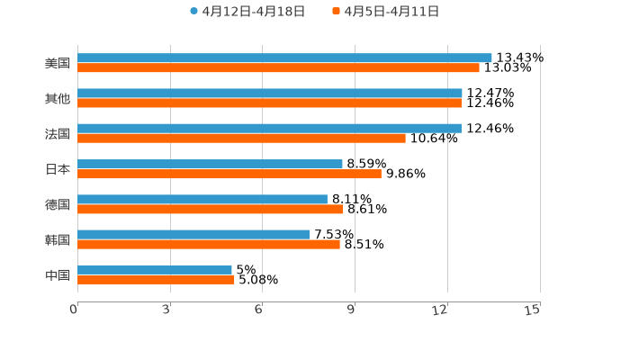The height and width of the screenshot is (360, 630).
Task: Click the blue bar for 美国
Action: tap(284, 58)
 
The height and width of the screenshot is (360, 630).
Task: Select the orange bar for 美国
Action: tap(278, 67)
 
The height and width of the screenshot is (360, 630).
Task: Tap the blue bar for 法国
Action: tap(269, 128)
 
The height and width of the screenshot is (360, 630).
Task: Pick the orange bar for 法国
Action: tap(241, 138)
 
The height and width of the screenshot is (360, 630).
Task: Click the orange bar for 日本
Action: tap(229, 174)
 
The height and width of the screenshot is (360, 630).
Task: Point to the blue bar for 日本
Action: tap(210, 164)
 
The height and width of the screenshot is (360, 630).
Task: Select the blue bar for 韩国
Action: tap(193, 234)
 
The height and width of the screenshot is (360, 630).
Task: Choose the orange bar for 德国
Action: tap(211, 209)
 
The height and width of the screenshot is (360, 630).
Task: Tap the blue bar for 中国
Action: tap(155, 269)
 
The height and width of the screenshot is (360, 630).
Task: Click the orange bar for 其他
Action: tap(269, 103)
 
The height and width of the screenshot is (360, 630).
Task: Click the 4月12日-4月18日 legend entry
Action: tap(247, 12)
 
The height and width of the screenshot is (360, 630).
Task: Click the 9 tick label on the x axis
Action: tap(351, 310)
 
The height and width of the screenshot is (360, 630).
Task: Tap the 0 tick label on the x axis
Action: tap(75, 310)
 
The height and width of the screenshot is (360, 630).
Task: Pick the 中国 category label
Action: tap(58, 274)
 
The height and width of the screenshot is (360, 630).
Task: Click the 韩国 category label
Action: tap(58, 239)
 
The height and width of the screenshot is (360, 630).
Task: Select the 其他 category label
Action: tap(58, 98)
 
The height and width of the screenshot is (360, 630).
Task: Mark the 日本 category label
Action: tap(58, 169)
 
